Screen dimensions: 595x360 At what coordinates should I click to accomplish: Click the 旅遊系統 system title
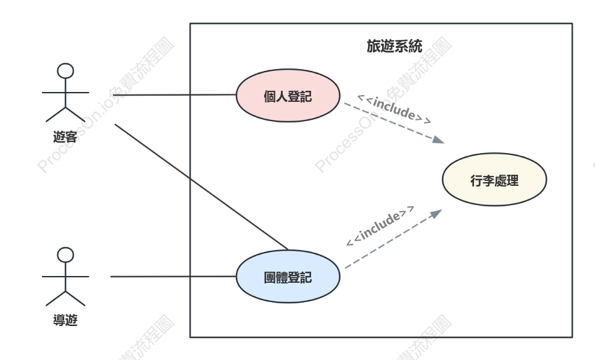[x=394, y=46]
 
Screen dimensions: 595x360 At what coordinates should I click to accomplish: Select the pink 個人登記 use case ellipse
[x=288, y=95]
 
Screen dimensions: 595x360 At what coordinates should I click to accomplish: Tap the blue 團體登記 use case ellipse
[x=288, y=277]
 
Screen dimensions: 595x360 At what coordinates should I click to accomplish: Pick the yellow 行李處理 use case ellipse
[x=494, y=180]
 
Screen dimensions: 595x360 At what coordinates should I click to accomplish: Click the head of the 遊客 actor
[x=65, y=71]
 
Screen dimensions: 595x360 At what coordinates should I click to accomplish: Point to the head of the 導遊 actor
[x=65, y=255]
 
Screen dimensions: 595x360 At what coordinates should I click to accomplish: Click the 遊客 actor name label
[x=65, y=136]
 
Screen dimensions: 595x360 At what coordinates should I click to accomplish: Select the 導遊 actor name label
[x=65, y=320]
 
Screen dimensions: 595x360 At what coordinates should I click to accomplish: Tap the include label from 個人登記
[x=394, y=109]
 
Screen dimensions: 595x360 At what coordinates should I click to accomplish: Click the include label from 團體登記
[x=380, y=226]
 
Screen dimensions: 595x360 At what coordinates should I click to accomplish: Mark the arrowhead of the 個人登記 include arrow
[x=439, y=140]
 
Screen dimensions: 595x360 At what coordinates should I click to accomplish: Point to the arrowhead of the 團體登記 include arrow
[x=437, y=214]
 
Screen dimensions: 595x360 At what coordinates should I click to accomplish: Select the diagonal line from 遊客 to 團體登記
[x=201, y=187]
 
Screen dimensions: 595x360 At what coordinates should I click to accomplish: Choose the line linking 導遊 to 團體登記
[x=173, y=277]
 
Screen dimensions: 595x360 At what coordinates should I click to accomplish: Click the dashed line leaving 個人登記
[x=394, y=123]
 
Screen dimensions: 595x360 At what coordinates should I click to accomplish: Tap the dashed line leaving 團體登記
[x=394, y=239]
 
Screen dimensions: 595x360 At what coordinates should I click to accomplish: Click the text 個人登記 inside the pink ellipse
[x=288, y=96]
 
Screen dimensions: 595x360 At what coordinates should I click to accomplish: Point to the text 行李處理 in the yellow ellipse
[x=494, y=180]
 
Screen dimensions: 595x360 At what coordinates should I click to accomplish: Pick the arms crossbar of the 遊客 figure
[x=65, y=92]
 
